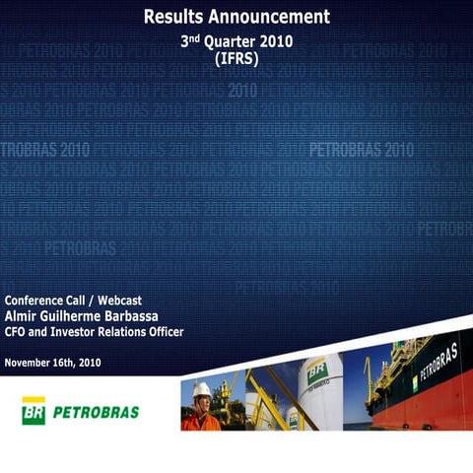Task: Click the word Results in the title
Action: (173, 17)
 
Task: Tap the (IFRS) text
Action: (236, 59)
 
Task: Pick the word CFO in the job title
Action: (18, 332)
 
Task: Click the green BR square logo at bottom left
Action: (34, 410)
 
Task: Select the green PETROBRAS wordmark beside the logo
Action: (96, 411)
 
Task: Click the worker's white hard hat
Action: (201, 390)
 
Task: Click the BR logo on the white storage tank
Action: (316, 372)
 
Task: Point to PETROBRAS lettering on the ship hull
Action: (439, 363)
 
